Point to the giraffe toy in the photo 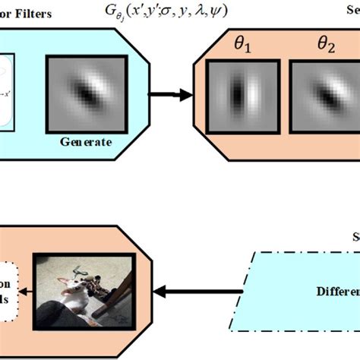(95, 286)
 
